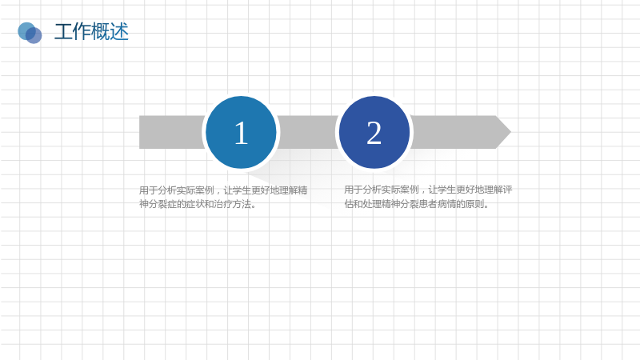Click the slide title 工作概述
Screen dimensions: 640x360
coord(91,31)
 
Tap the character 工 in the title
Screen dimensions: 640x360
coord(63,31)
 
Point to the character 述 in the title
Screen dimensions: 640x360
coord(119,31)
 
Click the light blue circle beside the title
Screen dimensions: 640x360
coord(26,30)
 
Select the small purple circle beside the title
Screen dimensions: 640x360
coord(34,35)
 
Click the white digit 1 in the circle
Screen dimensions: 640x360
coord(241,133)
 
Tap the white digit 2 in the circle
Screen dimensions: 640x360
coord(374,133)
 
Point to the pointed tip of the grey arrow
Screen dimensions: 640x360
coord(511,132)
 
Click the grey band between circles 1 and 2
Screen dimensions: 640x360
coord(308,132)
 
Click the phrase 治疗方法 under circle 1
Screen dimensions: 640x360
coord(232,204)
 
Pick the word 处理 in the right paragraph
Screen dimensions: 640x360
coord(372,203)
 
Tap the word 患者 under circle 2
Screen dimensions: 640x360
coord(428,203)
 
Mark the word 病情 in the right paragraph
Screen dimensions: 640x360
coord(447,203)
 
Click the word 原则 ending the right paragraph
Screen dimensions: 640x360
coord(474,203)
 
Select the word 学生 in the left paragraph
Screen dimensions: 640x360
coord(242,190)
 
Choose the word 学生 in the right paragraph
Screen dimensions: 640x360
coord(446,190)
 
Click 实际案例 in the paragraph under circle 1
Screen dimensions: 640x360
coord(195,190)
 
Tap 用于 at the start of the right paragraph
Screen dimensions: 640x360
coord(354,190)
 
